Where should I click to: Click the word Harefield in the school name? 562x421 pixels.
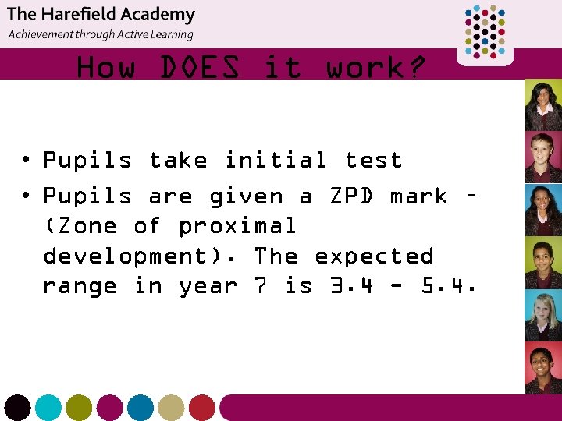pos(88,14)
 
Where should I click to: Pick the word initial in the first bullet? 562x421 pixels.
pos(275,161)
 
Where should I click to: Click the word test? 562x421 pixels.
pos(374,161)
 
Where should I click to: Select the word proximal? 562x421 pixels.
pos(237,227)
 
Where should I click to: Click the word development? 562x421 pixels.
pos(140,257)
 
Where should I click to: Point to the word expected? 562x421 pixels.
pos(374,257)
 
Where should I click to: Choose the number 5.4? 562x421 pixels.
pos(449,287)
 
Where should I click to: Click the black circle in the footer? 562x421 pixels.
pos(17,408)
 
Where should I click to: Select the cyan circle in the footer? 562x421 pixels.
pos(48,408)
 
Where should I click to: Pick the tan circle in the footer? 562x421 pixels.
pos(171,408)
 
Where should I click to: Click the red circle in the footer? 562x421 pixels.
pos(201,408)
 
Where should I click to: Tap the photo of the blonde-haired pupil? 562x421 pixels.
pos(542,316)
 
